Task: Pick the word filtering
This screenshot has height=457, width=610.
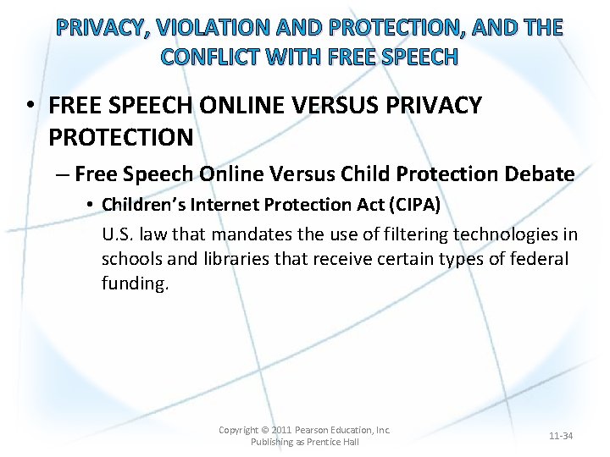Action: pyautogui.click(x=365, y=234)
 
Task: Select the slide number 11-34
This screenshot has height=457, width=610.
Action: pyautogui.click(x=561, y=436)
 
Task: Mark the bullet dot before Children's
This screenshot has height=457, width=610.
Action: pyautogui.click(x=89, y=206)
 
